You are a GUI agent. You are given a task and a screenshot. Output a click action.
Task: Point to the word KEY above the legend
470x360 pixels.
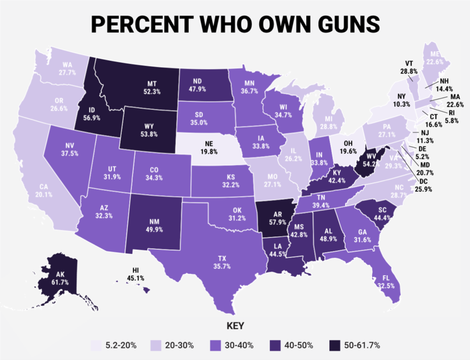(235, 326)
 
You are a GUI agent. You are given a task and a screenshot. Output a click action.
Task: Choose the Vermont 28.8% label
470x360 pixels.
(409, 68)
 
